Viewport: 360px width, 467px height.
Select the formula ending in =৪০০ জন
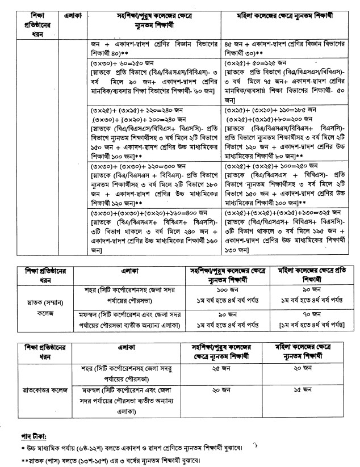136,212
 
